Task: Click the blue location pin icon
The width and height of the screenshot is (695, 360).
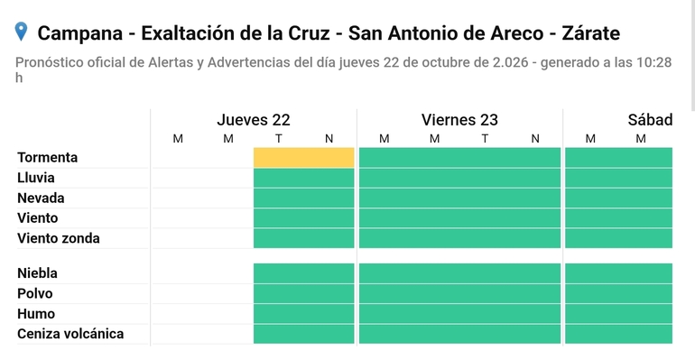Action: point(21,32)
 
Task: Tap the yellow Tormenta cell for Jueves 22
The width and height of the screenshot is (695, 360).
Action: point(303,158)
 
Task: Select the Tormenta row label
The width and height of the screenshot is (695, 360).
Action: point(48,157)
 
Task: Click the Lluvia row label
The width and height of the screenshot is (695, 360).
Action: point(36,178)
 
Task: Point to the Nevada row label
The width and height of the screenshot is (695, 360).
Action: point(41,198)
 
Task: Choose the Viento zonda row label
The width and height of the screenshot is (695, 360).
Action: point(59,238)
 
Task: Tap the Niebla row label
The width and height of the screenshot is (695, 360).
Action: point(37,273)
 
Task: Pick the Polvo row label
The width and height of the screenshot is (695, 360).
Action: point(35,293)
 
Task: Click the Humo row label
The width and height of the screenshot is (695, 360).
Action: point(36,314)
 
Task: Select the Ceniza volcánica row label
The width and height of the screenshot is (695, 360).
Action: point(70,334)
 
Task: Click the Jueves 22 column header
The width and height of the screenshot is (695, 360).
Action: point(254,120)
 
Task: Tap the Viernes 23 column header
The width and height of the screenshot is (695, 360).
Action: point(459,120)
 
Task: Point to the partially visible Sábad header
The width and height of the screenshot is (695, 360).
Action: point(650,120)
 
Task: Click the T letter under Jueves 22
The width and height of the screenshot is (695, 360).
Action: point(278,139)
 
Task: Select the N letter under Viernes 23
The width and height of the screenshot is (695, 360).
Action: point(535,139)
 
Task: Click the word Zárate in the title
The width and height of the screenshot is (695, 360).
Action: point(591,33)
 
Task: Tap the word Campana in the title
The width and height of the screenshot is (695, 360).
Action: point(79,33)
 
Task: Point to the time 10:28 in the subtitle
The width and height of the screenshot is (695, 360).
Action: point(654,62)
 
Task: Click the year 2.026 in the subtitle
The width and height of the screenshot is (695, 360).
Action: point(510,62)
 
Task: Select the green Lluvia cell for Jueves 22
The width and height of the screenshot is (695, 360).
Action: point(303,178)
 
